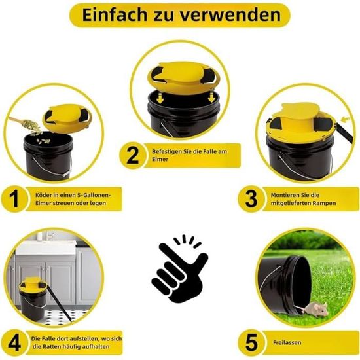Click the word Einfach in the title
tap(115, 15)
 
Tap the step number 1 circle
tap(14, 199)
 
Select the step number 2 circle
tap(132, 155)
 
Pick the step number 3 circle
tap(251, 199)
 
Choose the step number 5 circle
tap(251, 342)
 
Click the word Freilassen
tap(287, 342)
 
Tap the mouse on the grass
tap(315, 309)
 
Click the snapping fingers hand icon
tap(179, 268)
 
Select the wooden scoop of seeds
tap(24, 123)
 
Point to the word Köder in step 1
tap(43, 195)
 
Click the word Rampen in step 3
tap(325, 203)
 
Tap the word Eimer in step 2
tap(160, 159)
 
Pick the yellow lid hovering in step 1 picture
tap(67, 118)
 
